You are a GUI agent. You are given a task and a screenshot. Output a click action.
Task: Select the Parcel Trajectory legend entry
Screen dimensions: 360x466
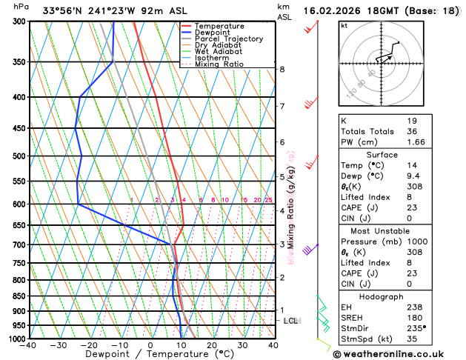(228, 39)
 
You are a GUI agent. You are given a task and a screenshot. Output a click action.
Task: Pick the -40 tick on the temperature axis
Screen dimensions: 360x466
(30, 345)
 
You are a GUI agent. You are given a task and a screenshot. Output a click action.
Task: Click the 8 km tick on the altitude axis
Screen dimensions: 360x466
(282, 70)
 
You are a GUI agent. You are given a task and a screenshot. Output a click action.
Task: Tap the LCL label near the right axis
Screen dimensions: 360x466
(291, 321)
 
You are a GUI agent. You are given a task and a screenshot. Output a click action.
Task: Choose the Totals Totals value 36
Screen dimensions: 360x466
(413, 131)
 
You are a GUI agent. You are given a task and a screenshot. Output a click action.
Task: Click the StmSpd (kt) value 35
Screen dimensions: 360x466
(413, 339)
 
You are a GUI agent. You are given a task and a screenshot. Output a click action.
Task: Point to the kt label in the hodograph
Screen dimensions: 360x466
(344, 26)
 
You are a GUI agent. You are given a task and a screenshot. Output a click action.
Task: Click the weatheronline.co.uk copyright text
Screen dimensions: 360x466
(395, 353)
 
